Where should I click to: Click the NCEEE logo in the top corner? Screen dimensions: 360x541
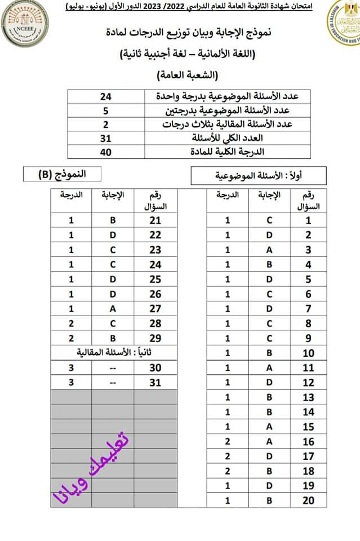coord(25,26)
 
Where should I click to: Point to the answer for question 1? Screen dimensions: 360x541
coord(269,221)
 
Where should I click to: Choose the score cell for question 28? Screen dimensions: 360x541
coord(72,323)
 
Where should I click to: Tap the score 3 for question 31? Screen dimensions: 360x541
coord(72,382)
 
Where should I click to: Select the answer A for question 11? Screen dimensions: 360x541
coord(269,368)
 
